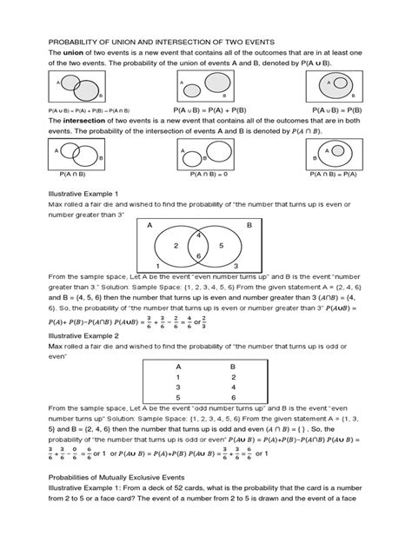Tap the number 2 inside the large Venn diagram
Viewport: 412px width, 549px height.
[176, 246]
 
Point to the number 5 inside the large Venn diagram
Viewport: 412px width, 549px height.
[223, 246]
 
